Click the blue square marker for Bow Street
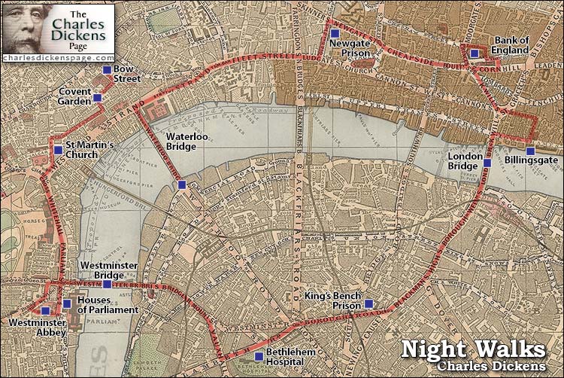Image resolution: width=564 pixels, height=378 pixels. pos(106,69)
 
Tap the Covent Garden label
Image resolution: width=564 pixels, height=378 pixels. pos(74,97)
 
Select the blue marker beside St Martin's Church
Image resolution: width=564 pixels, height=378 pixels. pos(59,150)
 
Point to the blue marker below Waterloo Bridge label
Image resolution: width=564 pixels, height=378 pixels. pos(180,184)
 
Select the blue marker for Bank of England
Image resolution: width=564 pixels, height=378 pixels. pos(474,53)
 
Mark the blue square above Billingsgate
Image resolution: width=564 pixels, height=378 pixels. pos(530,151)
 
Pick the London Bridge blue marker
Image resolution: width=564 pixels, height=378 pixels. pos(487,163)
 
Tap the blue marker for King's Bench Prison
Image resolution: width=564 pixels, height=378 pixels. pos(368,303)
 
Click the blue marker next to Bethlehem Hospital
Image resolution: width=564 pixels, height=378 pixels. pos(259,356)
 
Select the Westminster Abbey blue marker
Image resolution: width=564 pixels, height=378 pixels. pos(45,310)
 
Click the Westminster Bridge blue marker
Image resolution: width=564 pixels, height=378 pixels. pos(107,284)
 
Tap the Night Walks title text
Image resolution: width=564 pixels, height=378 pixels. pos(473,349)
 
